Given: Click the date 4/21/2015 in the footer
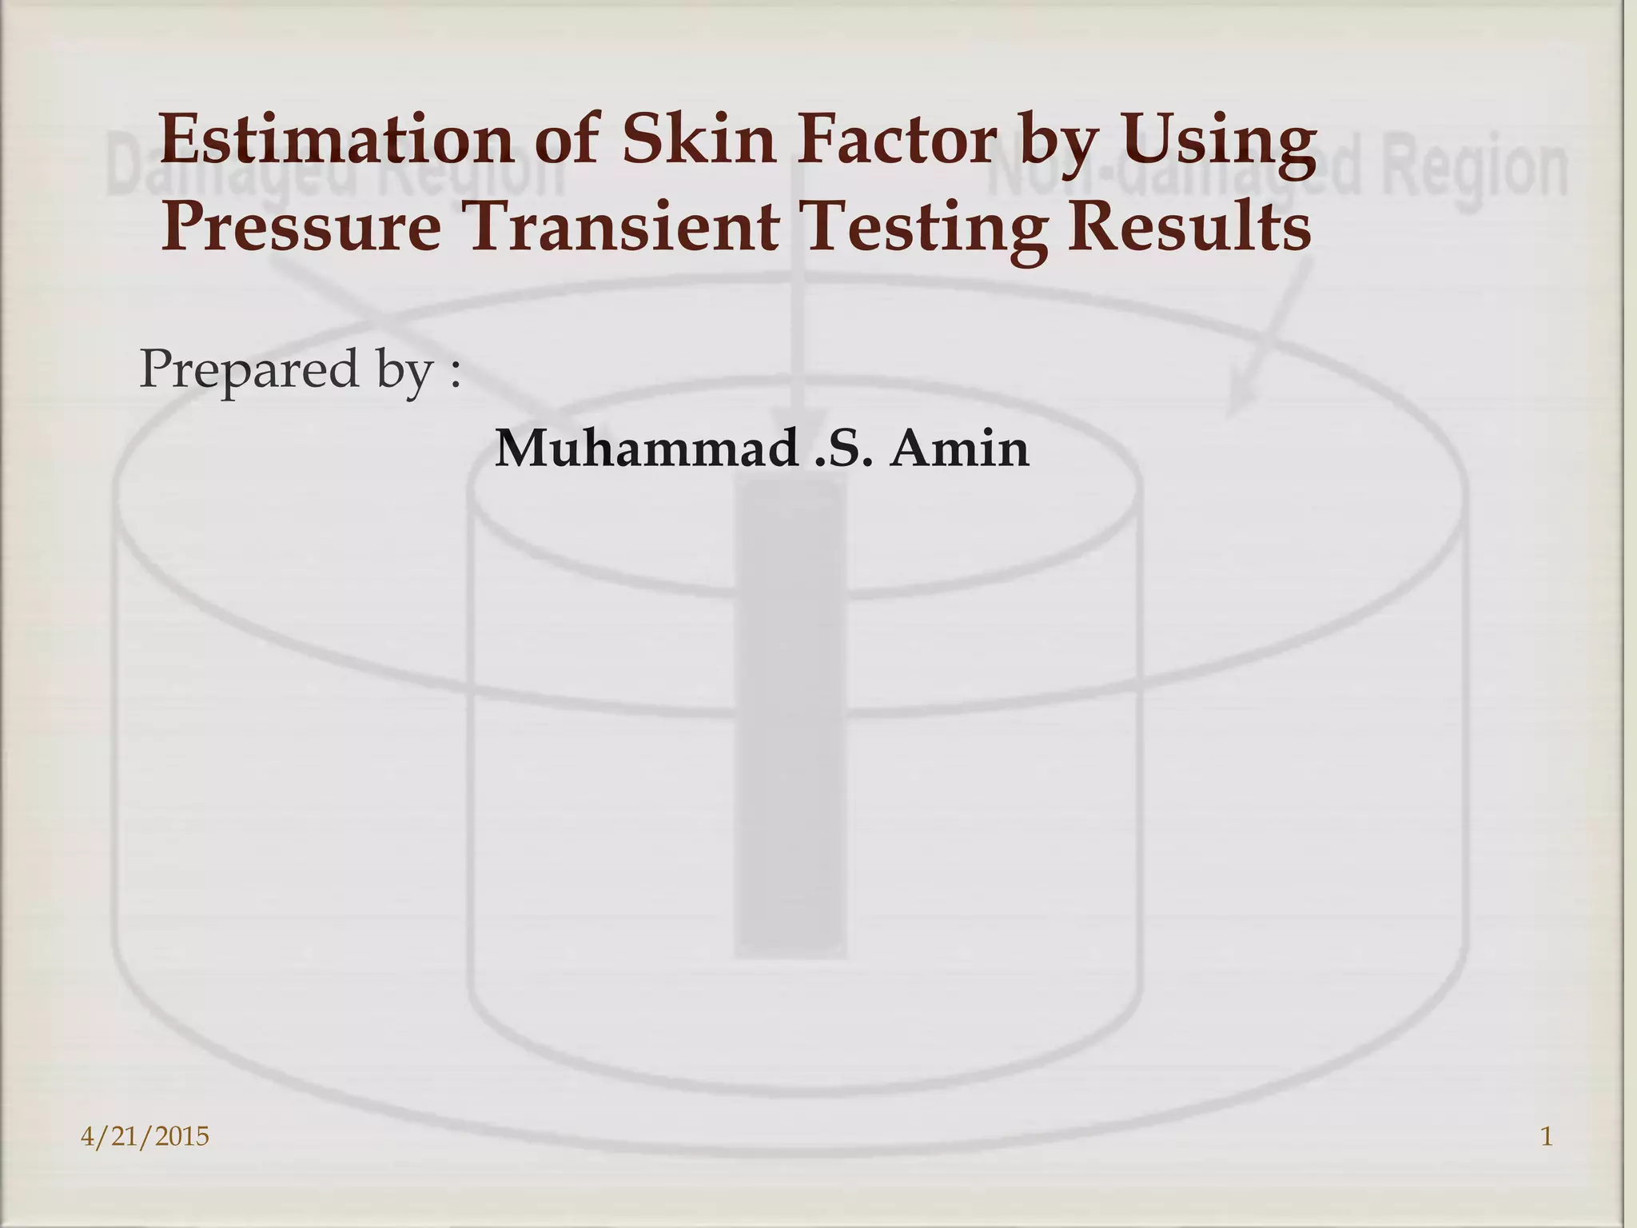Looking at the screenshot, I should tap(145, 1136).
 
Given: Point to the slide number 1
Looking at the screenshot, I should tap(1546, 1136).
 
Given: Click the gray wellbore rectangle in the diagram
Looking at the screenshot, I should tap(790, 720).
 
